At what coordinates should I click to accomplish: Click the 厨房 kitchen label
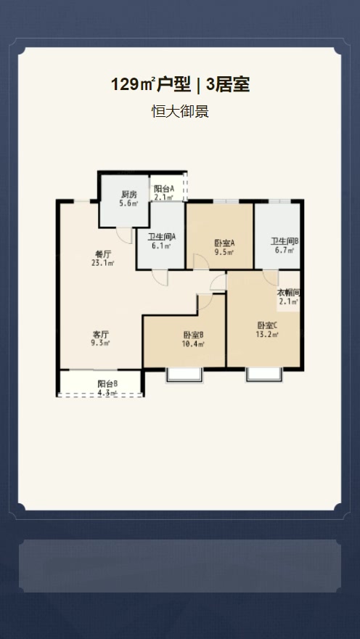(x=128, y=195)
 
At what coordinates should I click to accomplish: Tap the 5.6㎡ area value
(x=128, y=204)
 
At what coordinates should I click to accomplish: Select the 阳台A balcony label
(x=164, y=189)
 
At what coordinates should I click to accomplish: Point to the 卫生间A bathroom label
(x=162, y=237)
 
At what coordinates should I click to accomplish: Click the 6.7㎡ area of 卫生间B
(x=285, y=251)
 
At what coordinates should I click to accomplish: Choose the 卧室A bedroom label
(x=225, y=243)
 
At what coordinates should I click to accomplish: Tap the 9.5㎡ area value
(x=224, y=253)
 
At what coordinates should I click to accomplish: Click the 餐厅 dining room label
(x=102, y=254)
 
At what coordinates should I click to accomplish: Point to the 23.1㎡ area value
(x=102, y=264)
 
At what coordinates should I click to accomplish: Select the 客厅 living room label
(x=101, y=334)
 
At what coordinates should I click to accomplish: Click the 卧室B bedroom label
(x=194, y=335)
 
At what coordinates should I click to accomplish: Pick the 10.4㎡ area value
(x=193, y=344)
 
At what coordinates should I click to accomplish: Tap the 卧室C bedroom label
(x=268, y=325)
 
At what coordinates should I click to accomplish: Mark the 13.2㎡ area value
(x=267, y=335)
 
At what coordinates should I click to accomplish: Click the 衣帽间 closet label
(x=289, y=293)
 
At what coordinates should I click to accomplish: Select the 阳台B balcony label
(x=108, y=384)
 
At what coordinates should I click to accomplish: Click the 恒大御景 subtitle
(x=180, y=111)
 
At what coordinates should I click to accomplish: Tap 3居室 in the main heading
(x=228, y=85)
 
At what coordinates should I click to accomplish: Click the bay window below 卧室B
(x=184, y=375)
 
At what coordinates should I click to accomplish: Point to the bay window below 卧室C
(x=264, y=375)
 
